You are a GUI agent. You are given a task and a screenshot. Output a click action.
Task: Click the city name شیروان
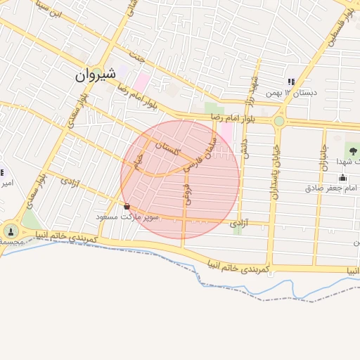[94, 75]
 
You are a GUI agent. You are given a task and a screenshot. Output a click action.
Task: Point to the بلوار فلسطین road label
[337, 29]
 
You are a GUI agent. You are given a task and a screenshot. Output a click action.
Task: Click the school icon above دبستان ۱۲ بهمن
[291, 82]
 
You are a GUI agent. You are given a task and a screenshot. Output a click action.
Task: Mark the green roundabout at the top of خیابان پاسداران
[279, 120]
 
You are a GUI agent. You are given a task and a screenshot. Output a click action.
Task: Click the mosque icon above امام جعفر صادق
[342, 177]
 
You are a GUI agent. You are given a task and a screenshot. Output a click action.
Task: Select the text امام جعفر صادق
[333, 188]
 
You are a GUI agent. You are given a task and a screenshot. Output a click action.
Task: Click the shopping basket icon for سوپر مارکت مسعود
[127, 207]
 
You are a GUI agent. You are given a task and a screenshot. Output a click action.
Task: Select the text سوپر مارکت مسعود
[128, 217]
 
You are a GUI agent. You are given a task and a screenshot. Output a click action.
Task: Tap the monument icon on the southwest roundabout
[10, 230]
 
